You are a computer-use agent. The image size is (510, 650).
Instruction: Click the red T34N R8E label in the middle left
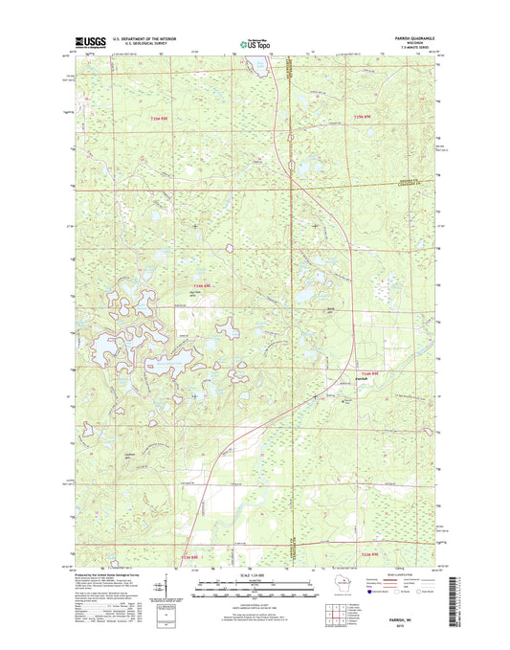coord(205,284)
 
